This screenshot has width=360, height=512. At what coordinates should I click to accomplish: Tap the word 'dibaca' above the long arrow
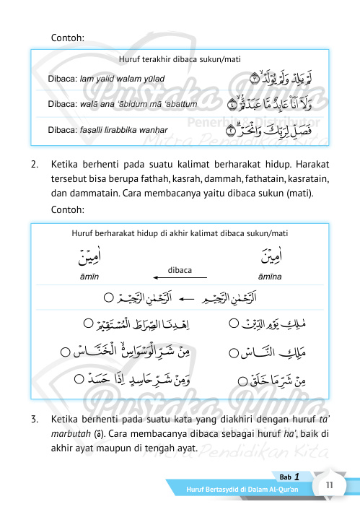(x=180, y=269)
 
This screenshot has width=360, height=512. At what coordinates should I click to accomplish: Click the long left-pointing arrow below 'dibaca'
(x=180, y=277)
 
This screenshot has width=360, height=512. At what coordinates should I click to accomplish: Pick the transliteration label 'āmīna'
(x=268, y=277)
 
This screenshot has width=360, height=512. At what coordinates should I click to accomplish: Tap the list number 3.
(x=35, y=419)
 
